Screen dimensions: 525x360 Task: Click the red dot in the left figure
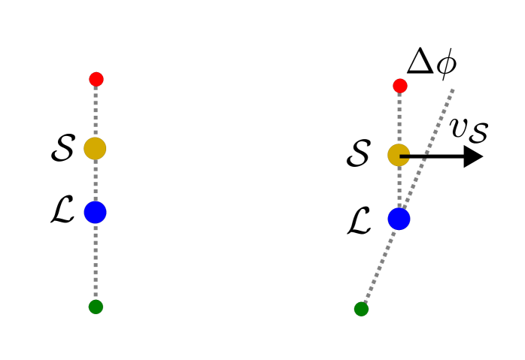click(x=96, y=79)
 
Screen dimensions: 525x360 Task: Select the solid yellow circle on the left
click(x=95, y=149)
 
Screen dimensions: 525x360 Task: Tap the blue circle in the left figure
click(x=96, y=213)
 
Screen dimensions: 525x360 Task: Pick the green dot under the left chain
click(x=96, y=307)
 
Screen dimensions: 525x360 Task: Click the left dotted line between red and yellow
click(x=96, y=112)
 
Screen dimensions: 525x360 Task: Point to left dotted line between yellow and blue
click(x=96, y=180)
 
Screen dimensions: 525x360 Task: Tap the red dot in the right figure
click(x=400, y=86)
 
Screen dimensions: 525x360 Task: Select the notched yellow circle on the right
click(x=396, y=155)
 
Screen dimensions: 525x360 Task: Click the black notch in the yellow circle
click(x=405, y=156)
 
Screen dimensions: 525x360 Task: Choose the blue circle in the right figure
click(x=399, y=219)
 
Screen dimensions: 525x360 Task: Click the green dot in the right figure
click(x=361, y=309)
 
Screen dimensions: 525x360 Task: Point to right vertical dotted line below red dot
click(x=399, y=117)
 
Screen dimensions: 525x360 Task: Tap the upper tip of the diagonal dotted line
click(x=452, y=91)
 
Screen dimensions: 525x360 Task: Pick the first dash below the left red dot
click(x=96, y=89)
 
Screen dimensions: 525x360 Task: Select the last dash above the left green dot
click(x=96, y=296)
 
